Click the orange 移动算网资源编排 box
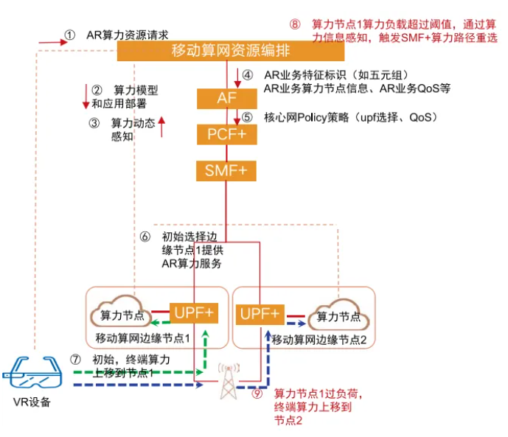coord(230,52)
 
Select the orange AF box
coord(226,98)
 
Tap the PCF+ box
coord(226,135)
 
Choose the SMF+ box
coord(226,171)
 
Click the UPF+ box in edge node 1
coord(194,312)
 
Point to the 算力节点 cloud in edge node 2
coord(338,315)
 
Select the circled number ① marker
coord(70,35)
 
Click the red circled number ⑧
coord(294,24)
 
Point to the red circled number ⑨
coord(257,394)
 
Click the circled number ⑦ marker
coord(74,360)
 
